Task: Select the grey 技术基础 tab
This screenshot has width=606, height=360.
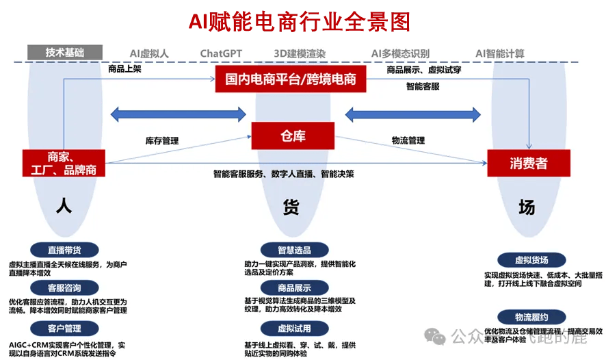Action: click(65, 53)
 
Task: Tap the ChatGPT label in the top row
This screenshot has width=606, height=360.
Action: click(221, 53)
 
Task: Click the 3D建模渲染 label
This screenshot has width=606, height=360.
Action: click(300, 53)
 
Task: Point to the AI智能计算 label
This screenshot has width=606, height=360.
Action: click(500, 53)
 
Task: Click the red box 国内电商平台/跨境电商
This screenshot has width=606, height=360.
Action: click(291, 79)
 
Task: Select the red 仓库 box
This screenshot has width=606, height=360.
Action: click(293, 136)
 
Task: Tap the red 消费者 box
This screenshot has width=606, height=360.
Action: click(528, 164)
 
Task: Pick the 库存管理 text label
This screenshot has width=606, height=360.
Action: click(161, 141)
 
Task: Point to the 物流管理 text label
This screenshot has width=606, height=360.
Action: click(408, 141)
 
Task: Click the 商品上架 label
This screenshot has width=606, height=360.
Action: click(124, 69)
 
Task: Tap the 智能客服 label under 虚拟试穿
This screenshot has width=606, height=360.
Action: click(423, 87)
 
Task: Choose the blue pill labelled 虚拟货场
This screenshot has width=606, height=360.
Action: click(531, 260)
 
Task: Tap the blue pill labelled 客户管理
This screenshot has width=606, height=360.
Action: click(64, 329)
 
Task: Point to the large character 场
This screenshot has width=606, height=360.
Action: click(526, 207)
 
